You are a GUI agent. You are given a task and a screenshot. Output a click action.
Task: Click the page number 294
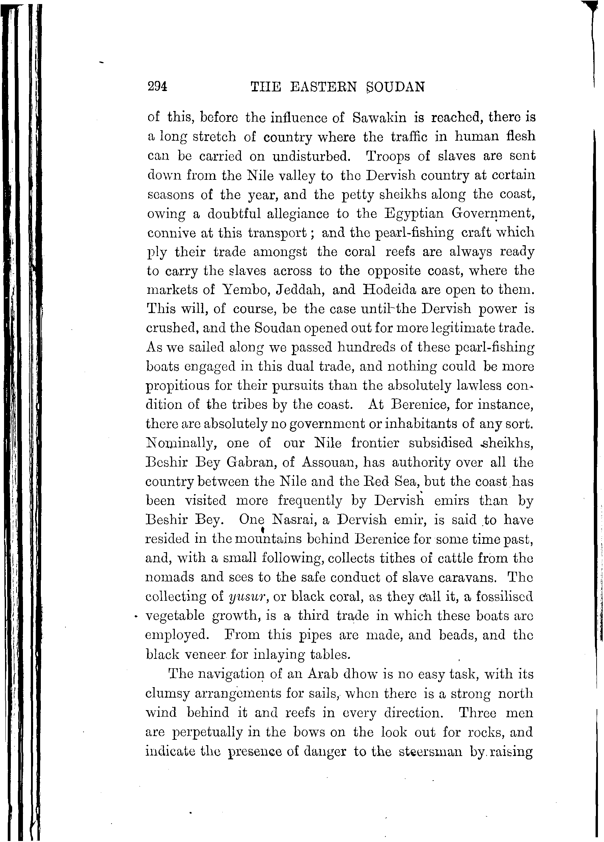click(158, 86)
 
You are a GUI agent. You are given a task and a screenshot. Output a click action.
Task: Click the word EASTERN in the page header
click(323, 87)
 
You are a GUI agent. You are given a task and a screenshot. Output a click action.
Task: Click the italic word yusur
click(247, 597)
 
